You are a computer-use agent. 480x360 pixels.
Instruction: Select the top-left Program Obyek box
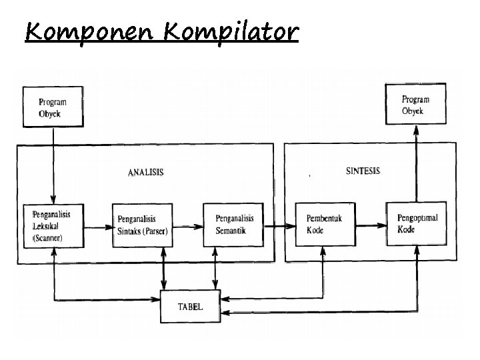point(53,107)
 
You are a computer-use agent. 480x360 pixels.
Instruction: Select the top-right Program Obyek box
point(417,105)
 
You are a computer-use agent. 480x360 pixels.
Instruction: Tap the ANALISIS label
point(145,172)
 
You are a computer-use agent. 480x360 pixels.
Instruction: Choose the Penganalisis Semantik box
point(233,225)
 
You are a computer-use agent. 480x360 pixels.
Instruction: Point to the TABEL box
point(191,307)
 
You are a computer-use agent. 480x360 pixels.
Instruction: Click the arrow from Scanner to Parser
point(99,227)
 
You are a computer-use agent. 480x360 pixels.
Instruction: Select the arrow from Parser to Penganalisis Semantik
point(189,227)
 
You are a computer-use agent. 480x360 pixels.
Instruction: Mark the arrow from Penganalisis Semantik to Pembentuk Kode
point(280,225)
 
